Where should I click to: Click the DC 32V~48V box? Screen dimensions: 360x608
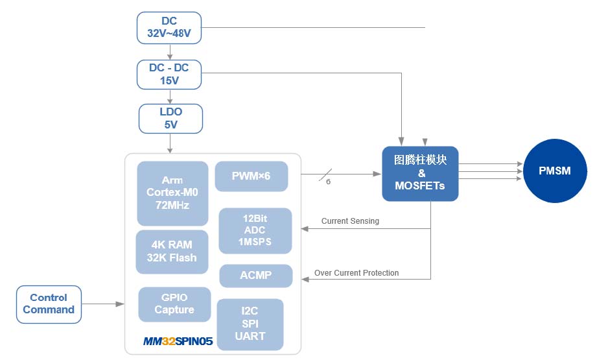coord(169,27)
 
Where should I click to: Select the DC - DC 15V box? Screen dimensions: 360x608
coord(169,74)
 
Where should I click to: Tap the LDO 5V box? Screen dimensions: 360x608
coord(170,118)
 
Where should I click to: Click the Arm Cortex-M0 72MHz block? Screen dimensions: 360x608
coord(172,193)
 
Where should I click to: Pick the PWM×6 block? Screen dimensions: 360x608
coord(251,176)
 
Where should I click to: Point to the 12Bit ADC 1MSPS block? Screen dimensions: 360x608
coord(255,230)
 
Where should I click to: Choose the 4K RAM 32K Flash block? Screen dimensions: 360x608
coord(172,252)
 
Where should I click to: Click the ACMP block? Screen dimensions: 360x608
coord(255,275)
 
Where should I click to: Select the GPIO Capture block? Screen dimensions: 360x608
coord(174,304)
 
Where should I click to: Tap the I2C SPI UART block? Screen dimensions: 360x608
coord(250,324)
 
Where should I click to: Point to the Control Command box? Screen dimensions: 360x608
coord(49,304)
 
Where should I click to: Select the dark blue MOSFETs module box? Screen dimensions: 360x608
coord(420,173)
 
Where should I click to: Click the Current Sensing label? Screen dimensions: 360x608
coord(350,221)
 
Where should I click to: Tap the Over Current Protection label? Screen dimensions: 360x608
coord(357,272)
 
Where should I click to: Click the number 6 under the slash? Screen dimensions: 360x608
coord(328,182)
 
